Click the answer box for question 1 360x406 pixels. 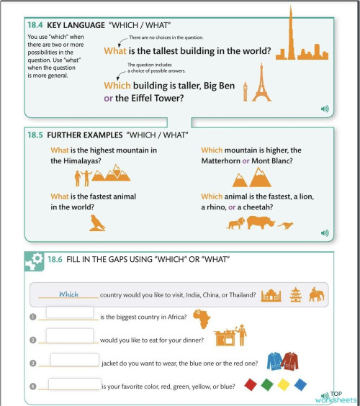69,312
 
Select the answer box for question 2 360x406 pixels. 69,335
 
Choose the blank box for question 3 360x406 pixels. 74,360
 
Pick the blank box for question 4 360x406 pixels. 74,384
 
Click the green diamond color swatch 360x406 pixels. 267,384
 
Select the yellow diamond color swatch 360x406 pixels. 284,384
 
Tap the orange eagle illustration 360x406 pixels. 98,222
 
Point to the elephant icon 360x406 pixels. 317,294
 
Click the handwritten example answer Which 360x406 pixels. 68,294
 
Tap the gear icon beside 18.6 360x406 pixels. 34,262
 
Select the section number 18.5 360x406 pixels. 36,135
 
